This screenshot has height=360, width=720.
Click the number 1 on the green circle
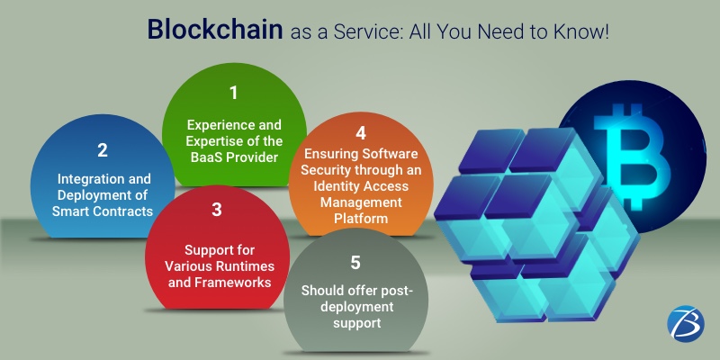click(234, 93)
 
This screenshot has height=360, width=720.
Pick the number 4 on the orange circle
click(361, 132)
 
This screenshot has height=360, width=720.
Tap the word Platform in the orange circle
click(361, 219)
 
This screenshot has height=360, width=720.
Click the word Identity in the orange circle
click(326, 186)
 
